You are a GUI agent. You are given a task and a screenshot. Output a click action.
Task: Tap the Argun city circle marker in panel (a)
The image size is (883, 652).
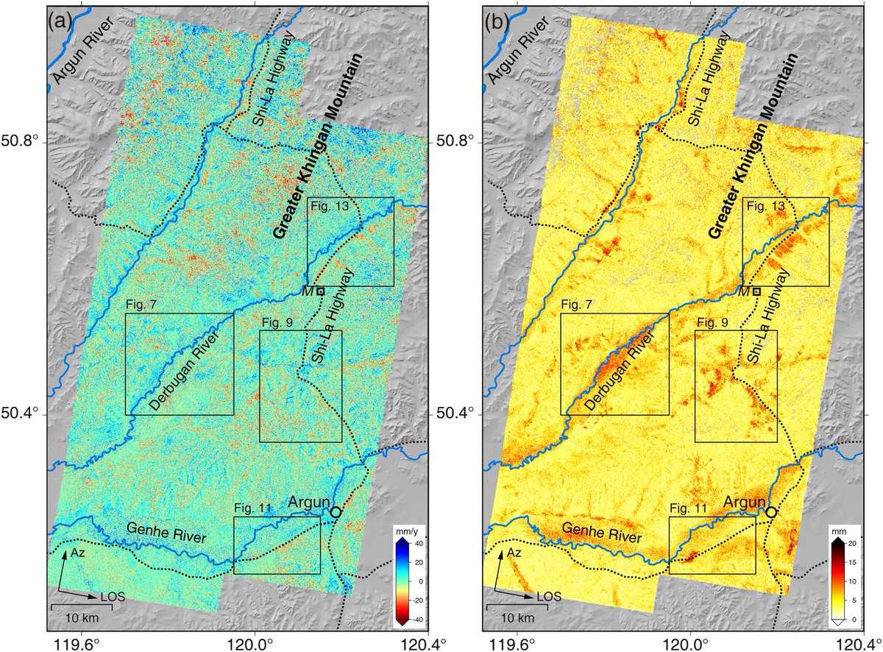tap(336, 511)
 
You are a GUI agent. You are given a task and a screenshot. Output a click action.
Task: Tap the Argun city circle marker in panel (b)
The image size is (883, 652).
tap(771, 511)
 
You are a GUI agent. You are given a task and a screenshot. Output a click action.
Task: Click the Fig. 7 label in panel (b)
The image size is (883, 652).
tap(575, 304)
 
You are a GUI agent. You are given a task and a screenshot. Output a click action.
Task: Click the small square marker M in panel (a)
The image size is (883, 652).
tap(321, 291)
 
